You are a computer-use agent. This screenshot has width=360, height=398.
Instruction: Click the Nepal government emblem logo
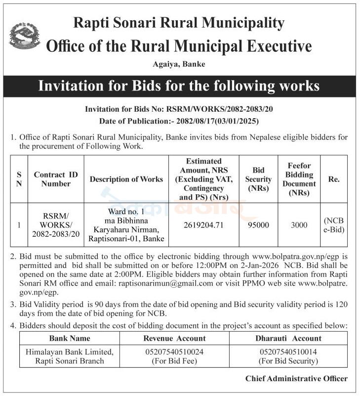pos(25,36)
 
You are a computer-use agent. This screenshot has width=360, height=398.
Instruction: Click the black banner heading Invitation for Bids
pos(179,86)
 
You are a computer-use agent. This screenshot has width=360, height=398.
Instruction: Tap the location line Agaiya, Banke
pos(179,64)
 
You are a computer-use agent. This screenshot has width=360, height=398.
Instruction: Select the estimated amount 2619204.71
pos(204,225)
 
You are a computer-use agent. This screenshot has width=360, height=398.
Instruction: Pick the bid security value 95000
pos(258,225)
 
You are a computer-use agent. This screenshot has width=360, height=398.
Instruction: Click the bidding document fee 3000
pos(299,225)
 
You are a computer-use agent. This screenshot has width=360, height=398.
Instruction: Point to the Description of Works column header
pos(126,179)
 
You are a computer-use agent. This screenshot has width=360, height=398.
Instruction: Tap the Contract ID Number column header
pos(56,179)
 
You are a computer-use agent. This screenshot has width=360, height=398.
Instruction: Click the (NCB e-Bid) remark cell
pos(334,225)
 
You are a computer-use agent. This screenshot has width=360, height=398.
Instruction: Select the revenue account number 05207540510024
pos(174,352)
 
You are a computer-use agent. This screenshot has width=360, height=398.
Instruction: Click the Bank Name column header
pos(70,338)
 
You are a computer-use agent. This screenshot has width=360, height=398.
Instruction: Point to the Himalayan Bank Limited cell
pos(70,356)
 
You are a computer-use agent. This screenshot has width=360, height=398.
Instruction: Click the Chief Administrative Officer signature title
pos(296,379)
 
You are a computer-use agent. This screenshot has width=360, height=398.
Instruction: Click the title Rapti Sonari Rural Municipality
pos(179,23)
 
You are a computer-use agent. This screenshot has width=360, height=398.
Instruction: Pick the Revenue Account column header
pos(174,338)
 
